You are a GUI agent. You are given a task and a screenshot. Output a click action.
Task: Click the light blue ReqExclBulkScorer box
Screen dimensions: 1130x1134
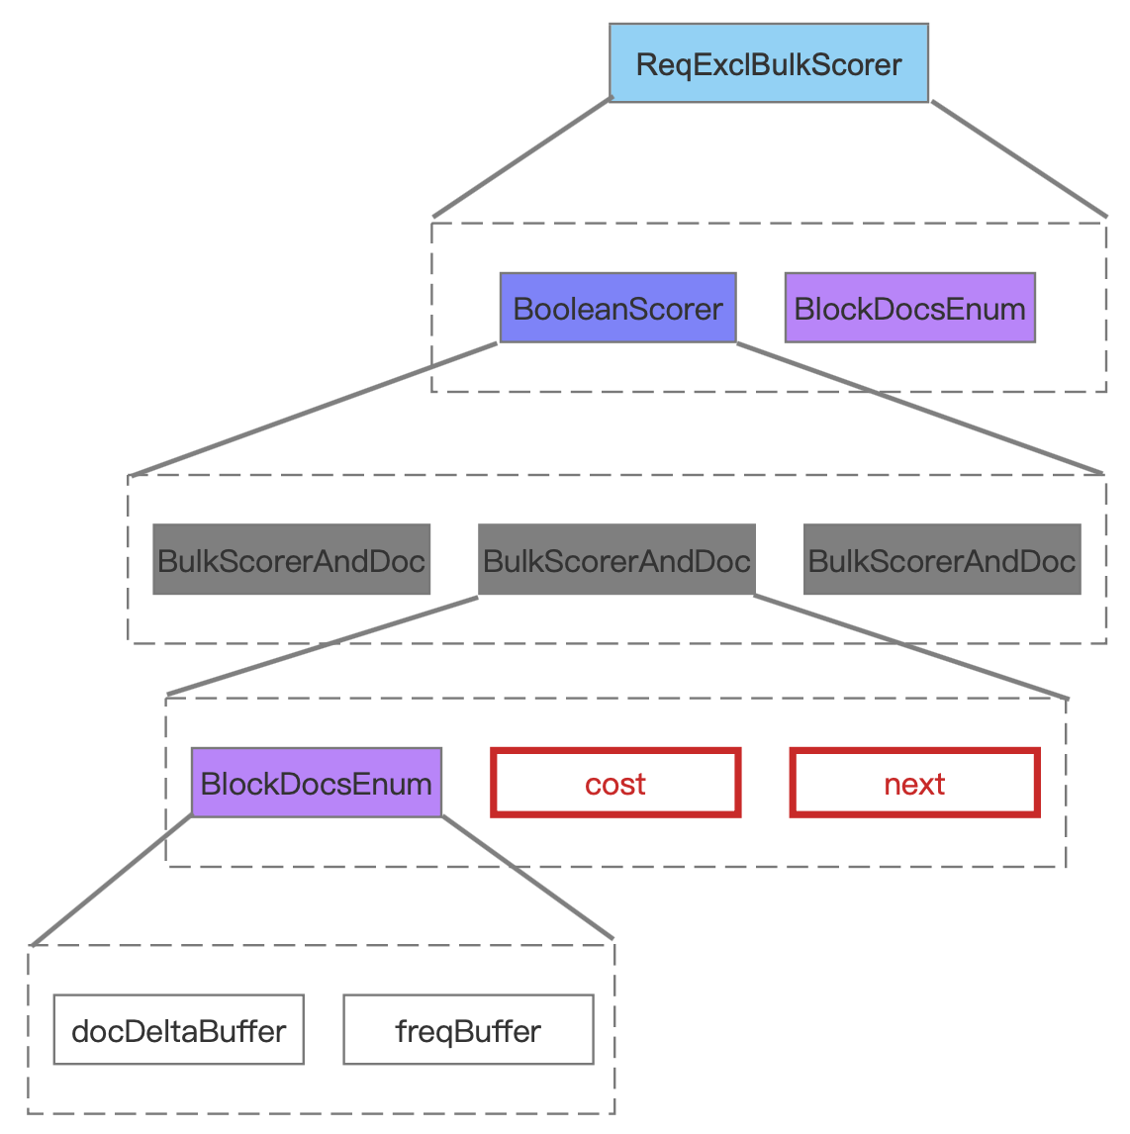click(x=769, y=63)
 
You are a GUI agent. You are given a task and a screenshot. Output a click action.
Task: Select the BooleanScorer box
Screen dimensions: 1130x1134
click(x=618, y=308)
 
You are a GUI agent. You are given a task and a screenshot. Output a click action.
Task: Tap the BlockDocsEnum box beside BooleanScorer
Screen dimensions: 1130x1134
click(x=910, y=308)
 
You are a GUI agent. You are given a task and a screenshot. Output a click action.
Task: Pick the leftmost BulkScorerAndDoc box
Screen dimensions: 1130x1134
click(x=291, y=560)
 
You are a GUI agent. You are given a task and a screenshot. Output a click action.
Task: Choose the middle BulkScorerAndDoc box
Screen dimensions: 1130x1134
click(x=616, y=560)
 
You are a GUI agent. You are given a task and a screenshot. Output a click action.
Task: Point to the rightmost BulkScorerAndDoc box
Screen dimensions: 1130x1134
click(x=942, y=560)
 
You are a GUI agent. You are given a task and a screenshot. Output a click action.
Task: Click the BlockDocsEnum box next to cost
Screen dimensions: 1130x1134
click(x=317, y=783)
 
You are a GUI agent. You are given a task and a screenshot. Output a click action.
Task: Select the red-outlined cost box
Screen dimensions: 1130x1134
click(x=616, y=784)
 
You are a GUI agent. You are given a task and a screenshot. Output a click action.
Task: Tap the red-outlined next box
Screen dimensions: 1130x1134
click(x=915, y=784)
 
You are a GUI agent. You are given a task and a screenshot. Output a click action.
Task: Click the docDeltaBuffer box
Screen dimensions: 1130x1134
click(x=178, y=1030)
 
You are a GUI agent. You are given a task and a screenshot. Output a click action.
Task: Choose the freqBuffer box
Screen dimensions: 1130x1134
click(x=468, y=1030)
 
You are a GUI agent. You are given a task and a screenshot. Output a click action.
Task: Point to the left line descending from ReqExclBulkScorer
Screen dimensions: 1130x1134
click(x=522, y=157)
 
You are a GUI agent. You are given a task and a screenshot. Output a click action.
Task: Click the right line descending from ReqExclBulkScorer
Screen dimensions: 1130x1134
click(x=1019, y=158)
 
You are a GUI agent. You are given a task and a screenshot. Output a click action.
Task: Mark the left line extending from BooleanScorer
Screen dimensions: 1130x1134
click(x=313, y=410)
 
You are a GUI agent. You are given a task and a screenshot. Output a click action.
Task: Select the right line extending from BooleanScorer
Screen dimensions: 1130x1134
click(x=920, y=409)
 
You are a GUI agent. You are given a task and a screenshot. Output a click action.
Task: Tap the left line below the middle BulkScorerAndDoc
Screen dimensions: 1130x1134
click(x=323, y=646)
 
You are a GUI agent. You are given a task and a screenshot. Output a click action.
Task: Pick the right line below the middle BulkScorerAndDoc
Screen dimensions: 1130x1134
click(x=911, y=647)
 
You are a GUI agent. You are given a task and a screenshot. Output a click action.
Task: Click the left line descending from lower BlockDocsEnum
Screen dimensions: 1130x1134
click(x=112, y=880)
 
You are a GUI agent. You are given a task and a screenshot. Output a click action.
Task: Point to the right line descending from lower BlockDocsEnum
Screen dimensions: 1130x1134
click(x=528, y=878)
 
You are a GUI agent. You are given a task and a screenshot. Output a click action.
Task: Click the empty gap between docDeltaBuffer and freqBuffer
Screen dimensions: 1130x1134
click(x=324, y=1030)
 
